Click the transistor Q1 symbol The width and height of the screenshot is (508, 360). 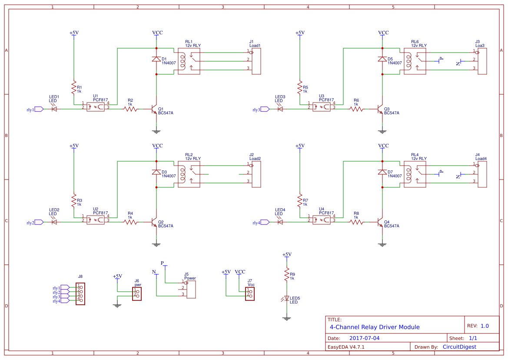[154, 109]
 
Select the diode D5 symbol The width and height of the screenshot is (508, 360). [382, 59]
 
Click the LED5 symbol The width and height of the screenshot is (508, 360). [286, 299]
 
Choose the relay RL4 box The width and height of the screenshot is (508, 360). [415, 174]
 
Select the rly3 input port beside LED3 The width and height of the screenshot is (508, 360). [265, 109]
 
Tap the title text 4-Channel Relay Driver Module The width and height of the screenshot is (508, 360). [375, 327]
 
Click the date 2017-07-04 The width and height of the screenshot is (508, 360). [364, 338]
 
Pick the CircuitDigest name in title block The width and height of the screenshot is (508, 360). [459, 347]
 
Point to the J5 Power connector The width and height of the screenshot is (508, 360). [190, 289]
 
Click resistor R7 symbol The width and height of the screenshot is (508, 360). [299, 201]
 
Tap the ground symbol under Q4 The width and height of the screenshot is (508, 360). [382, 245]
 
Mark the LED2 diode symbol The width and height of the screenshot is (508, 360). [54, 222]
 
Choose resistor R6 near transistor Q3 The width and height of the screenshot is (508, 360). [356, 109]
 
